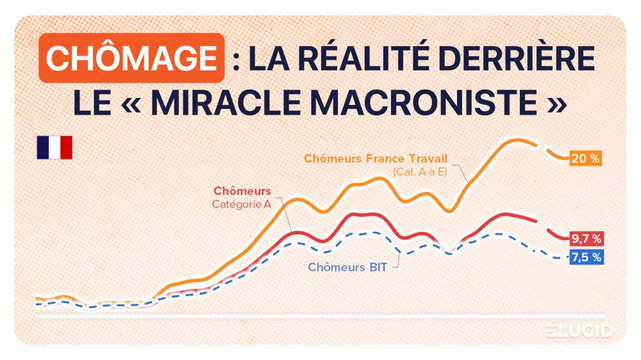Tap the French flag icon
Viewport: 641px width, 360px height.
coord(54,147)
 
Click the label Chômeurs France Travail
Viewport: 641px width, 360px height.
coord(375,158)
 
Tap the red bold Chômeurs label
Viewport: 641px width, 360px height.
coord(242,191)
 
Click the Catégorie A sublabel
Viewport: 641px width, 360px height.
coord(241,204)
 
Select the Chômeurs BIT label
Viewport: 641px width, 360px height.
coord(347,267)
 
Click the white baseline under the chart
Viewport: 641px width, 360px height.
coord(320,316)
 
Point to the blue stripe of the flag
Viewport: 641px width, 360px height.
coord(43,147)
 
